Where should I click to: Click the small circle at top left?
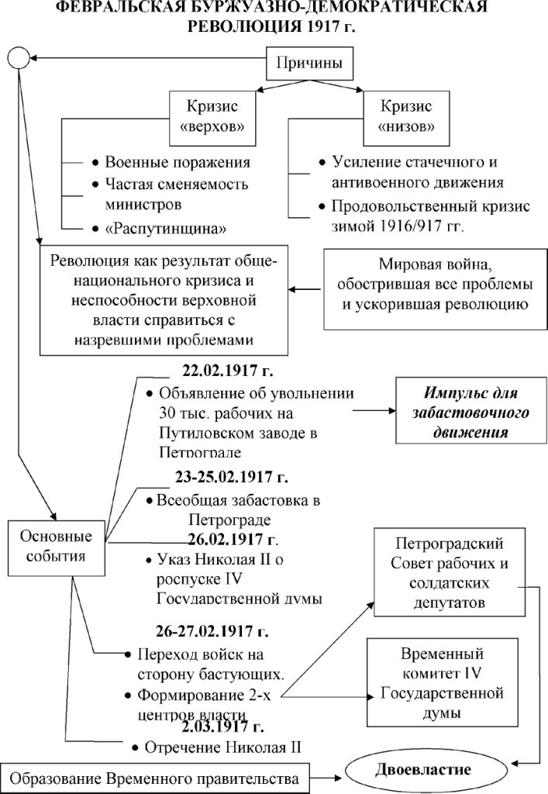[17, 57]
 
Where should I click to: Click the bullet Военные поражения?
[177, 163]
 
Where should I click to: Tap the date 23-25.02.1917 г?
[233, 477]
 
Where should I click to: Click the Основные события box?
[55, 547]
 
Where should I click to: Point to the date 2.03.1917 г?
[223, 727]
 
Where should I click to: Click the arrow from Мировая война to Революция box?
[305, 290]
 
